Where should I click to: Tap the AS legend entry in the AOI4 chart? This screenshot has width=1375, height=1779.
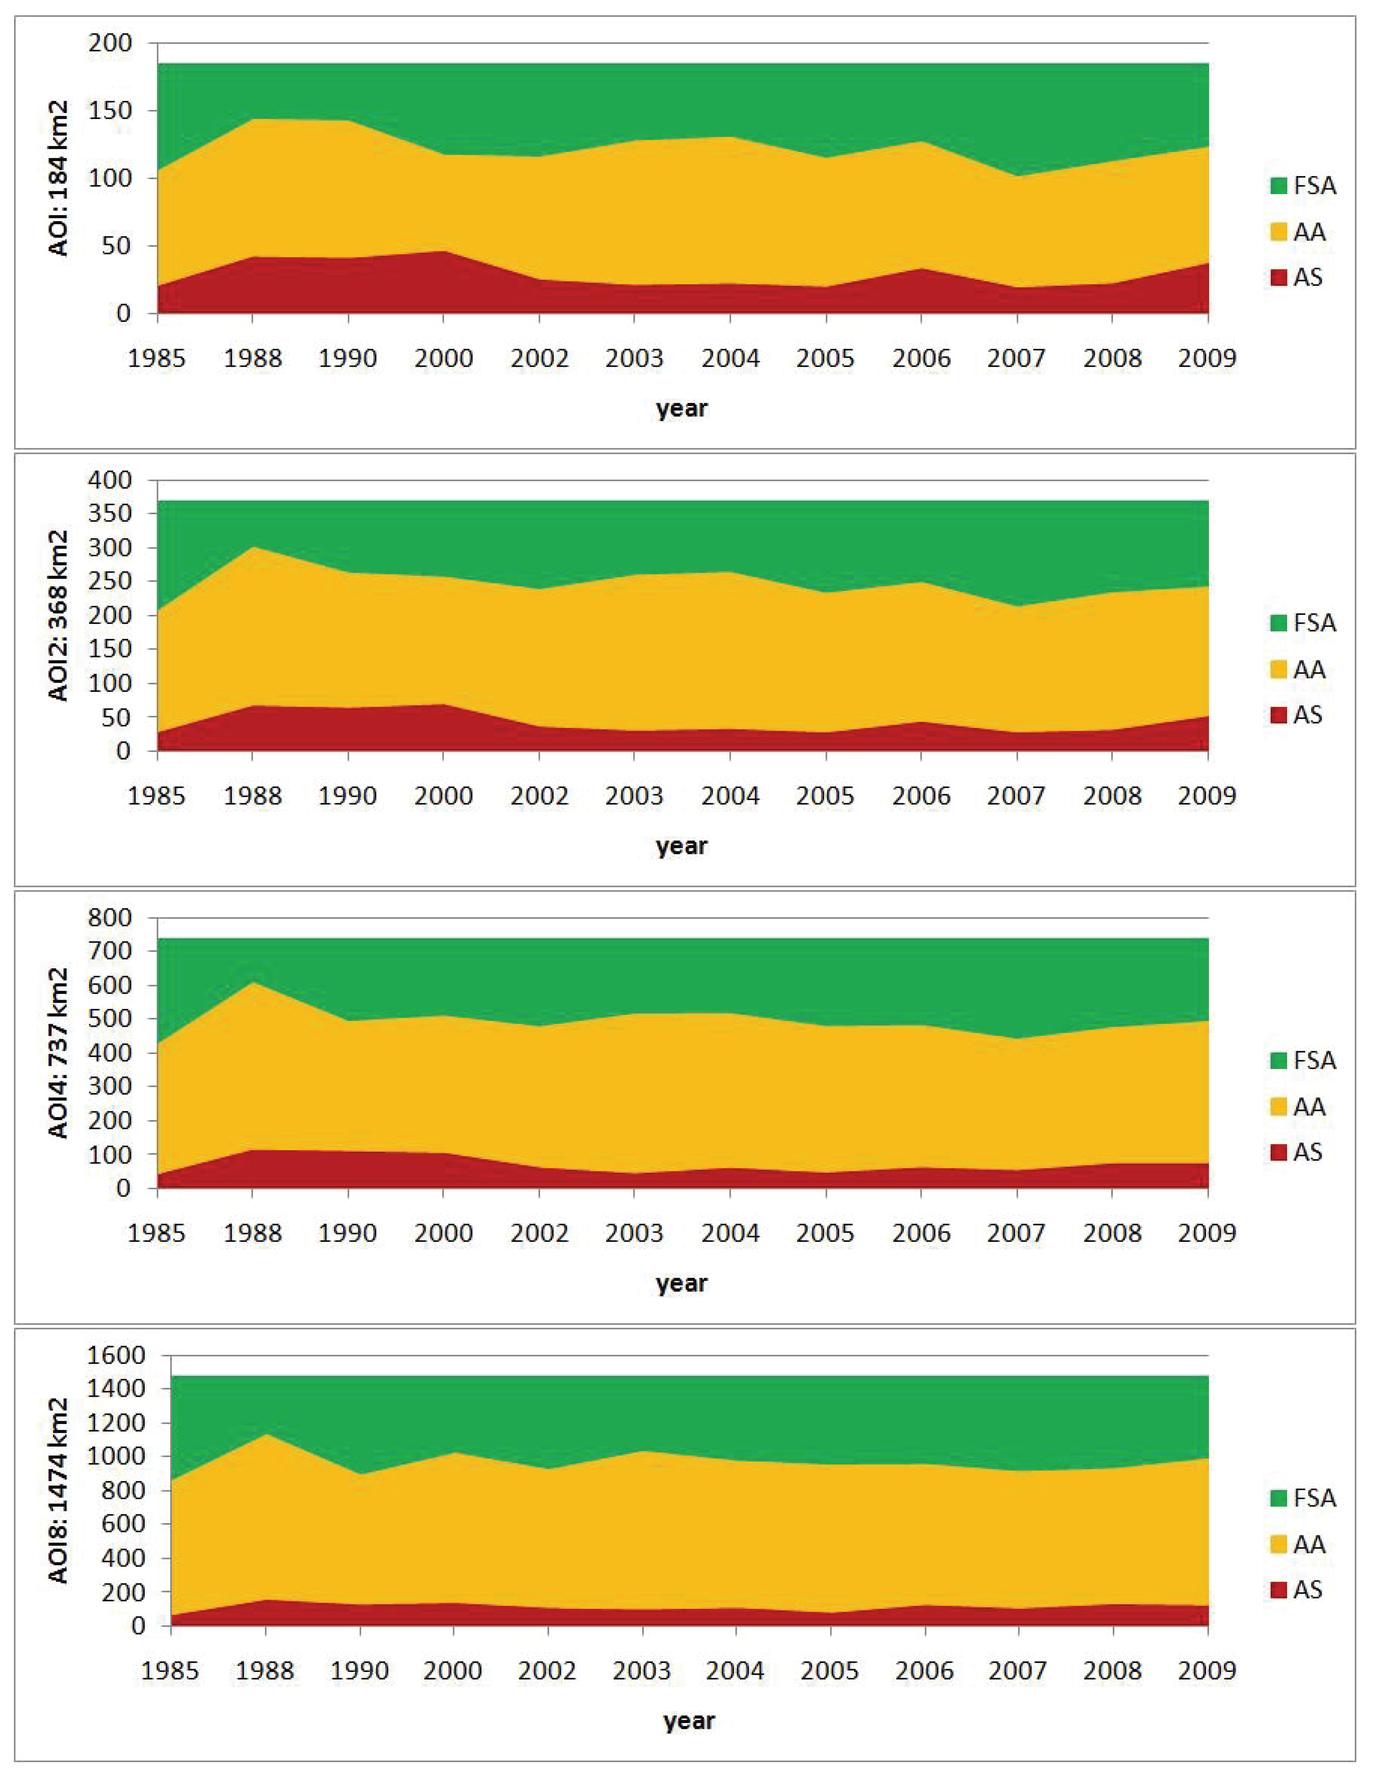coord(1296,1152)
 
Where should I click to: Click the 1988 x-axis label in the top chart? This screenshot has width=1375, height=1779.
coord(252,359)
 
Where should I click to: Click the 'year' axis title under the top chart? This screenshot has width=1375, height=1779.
coord(682,408)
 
